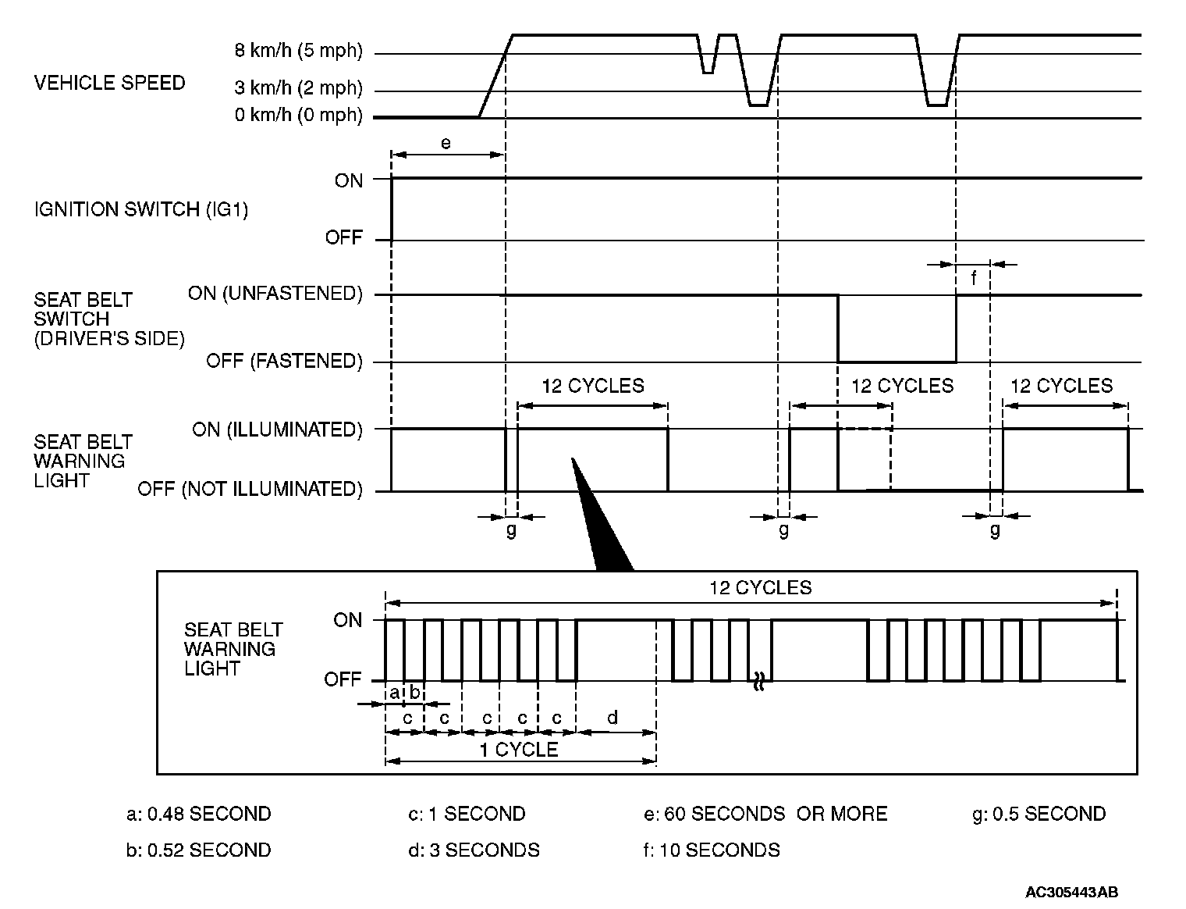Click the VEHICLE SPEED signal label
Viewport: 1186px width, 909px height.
coord(109,83)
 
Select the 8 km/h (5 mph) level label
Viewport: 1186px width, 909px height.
coord(299,52)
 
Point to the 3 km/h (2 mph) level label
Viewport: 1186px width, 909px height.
coord(299,87)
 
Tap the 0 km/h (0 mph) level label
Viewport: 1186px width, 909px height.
coord(299,115)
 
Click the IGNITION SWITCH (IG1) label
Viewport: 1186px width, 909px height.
coord(140,209)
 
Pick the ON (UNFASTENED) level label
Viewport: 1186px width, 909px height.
coord(275,293)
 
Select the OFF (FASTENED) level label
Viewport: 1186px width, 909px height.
coord(285,361)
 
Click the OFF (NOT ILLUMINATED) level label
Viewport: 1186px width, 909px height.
coord(250,489)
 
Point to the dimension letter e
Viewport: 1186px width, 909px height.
coord(446,144)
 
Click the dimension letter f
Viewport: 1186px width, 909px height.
coord(974,278)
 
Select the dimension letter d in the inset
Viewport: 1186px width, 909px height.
coord(613,717)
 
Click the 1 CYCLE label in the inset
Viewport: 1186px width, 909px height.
coord(518,750)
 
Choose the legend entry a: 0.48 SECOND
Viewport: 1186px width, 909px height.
coord(198,814)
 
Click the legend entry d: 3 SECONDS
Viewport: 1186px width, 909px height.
coord(474,850)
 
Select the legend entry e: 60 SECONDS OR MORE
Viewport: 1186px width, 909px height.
coord(765,814)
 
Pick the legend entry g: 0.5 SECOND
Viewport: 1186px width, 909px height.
coord(1039,814)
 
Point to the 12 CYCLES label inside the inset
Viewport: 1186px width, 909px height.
coord(760,587)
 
